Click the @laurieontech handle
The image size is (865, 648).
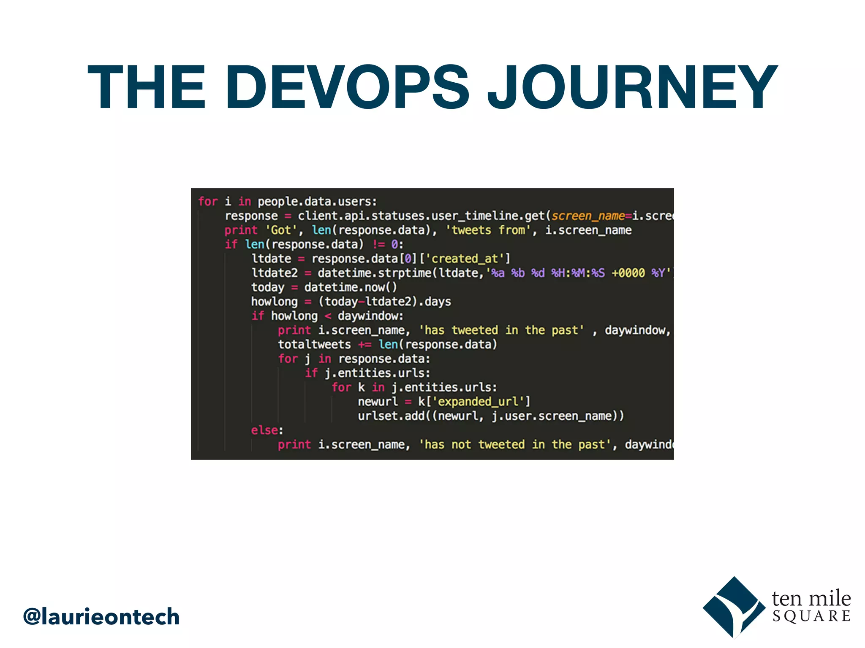[x=101, y=617]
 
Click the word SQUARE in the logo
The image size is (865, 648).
[x=811, y=616]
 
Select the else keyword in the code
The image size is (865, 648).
[x=265, y=430]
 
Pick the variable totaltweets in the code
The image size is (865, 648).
[x=314, y=345]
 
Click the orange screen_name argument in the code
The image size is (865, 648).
[x=588, y=216]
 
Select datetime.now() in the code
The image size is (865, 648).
[x=351, y=287]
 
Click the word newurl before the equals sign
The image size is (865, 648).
[x=378, y=402]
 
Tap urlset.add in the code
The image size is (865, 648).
[x=391, y=416]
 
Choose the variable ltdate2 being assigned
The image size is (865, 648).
[x=275, y=273]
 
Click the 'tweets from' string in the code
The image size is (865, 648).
[x=488, y=230]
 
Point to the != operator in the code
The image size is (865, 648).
[x=378, y=245]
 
